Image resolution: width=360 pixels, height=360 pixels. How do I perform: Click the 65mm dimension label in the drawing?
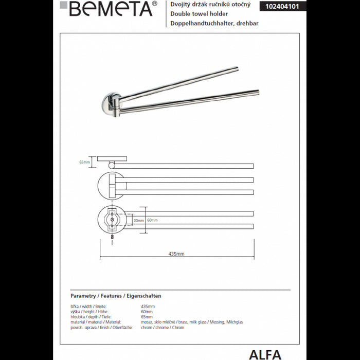(x=84, y=162)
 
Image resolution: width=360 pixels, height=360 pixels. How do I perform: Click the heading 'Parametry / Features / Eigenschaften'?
(x=116, y=296)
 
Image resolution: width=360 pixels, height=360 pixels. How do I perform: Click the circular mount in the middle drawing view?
(x=110, y=186)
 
